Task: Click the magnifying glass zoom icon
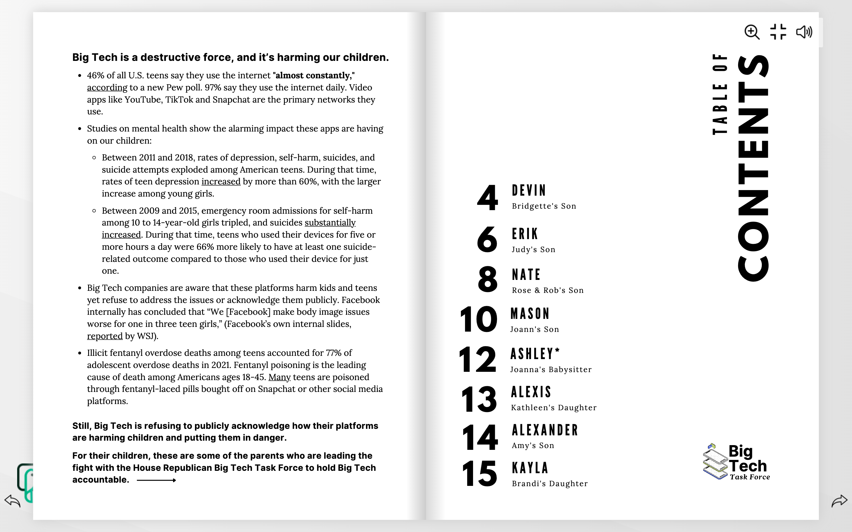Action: [x=752, y=32]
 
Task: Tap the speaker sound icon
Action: [x=804, y=32]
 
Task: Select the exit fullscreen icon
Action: [x=778, y=32]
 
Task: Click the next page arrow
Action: [x=839, y=501]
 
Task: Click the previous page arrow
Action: [x=12, y=501]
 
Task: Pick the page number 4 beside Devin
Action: [x=488, y=198]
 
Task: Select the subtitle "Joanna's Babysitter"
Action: [x=551, y=369]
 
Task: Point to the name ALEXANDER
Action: [x=545, y=430]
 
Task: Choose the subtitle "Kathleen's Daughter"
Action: [x=554, y=408]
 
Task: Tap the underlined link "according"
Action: [x=107, y=87]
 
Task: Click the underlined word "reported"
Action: [x=105, y=336]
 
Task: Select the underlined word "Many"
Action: [x=280, y=377]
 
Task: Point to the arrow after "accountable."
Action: [x=156, y=480]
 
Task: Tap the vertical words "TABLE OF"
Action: [x=720, y=94]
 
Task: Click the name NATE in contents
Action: [x=526, y=275]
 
